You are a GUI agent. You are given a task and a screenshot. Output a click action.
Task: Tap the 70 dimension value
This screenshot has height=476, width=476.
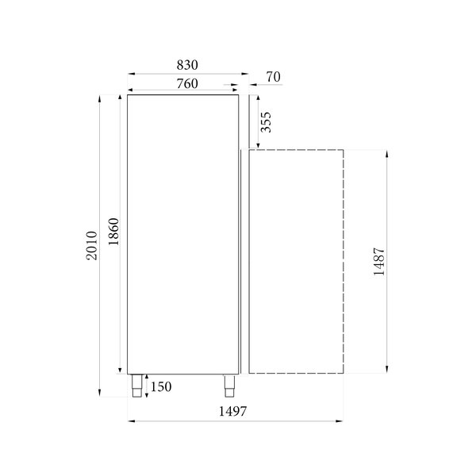click(x=274, y=77)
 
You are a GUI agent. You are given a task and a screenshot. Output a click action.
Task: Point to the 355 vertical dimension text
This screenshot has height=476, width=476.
click(x=266, y=123)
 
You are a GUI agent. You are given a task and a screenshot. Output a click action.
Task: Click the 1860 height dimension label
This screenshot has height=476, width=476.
click(x=113, y=233)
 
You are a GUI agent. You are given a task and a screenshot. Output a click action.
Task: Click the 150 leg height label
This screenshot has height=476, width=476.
click(x=160, y=386)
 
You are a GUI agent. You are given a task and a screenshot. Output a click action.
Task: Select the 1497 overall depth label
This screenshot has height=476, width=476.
click(x=236, y=411)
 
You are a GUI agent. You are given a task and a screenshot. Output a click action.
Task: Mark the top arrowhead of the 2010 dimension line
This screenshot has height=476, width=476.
click(x=100, y=99)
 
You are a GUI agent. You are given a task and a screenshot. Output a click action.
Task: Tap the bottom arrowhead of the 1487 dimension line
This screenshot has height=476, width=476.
click(x=388, y=370)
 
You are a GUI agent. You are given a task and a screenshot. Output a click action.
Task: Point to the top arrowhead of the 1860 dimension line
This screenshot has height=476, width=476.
click(x=121, y=99)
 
